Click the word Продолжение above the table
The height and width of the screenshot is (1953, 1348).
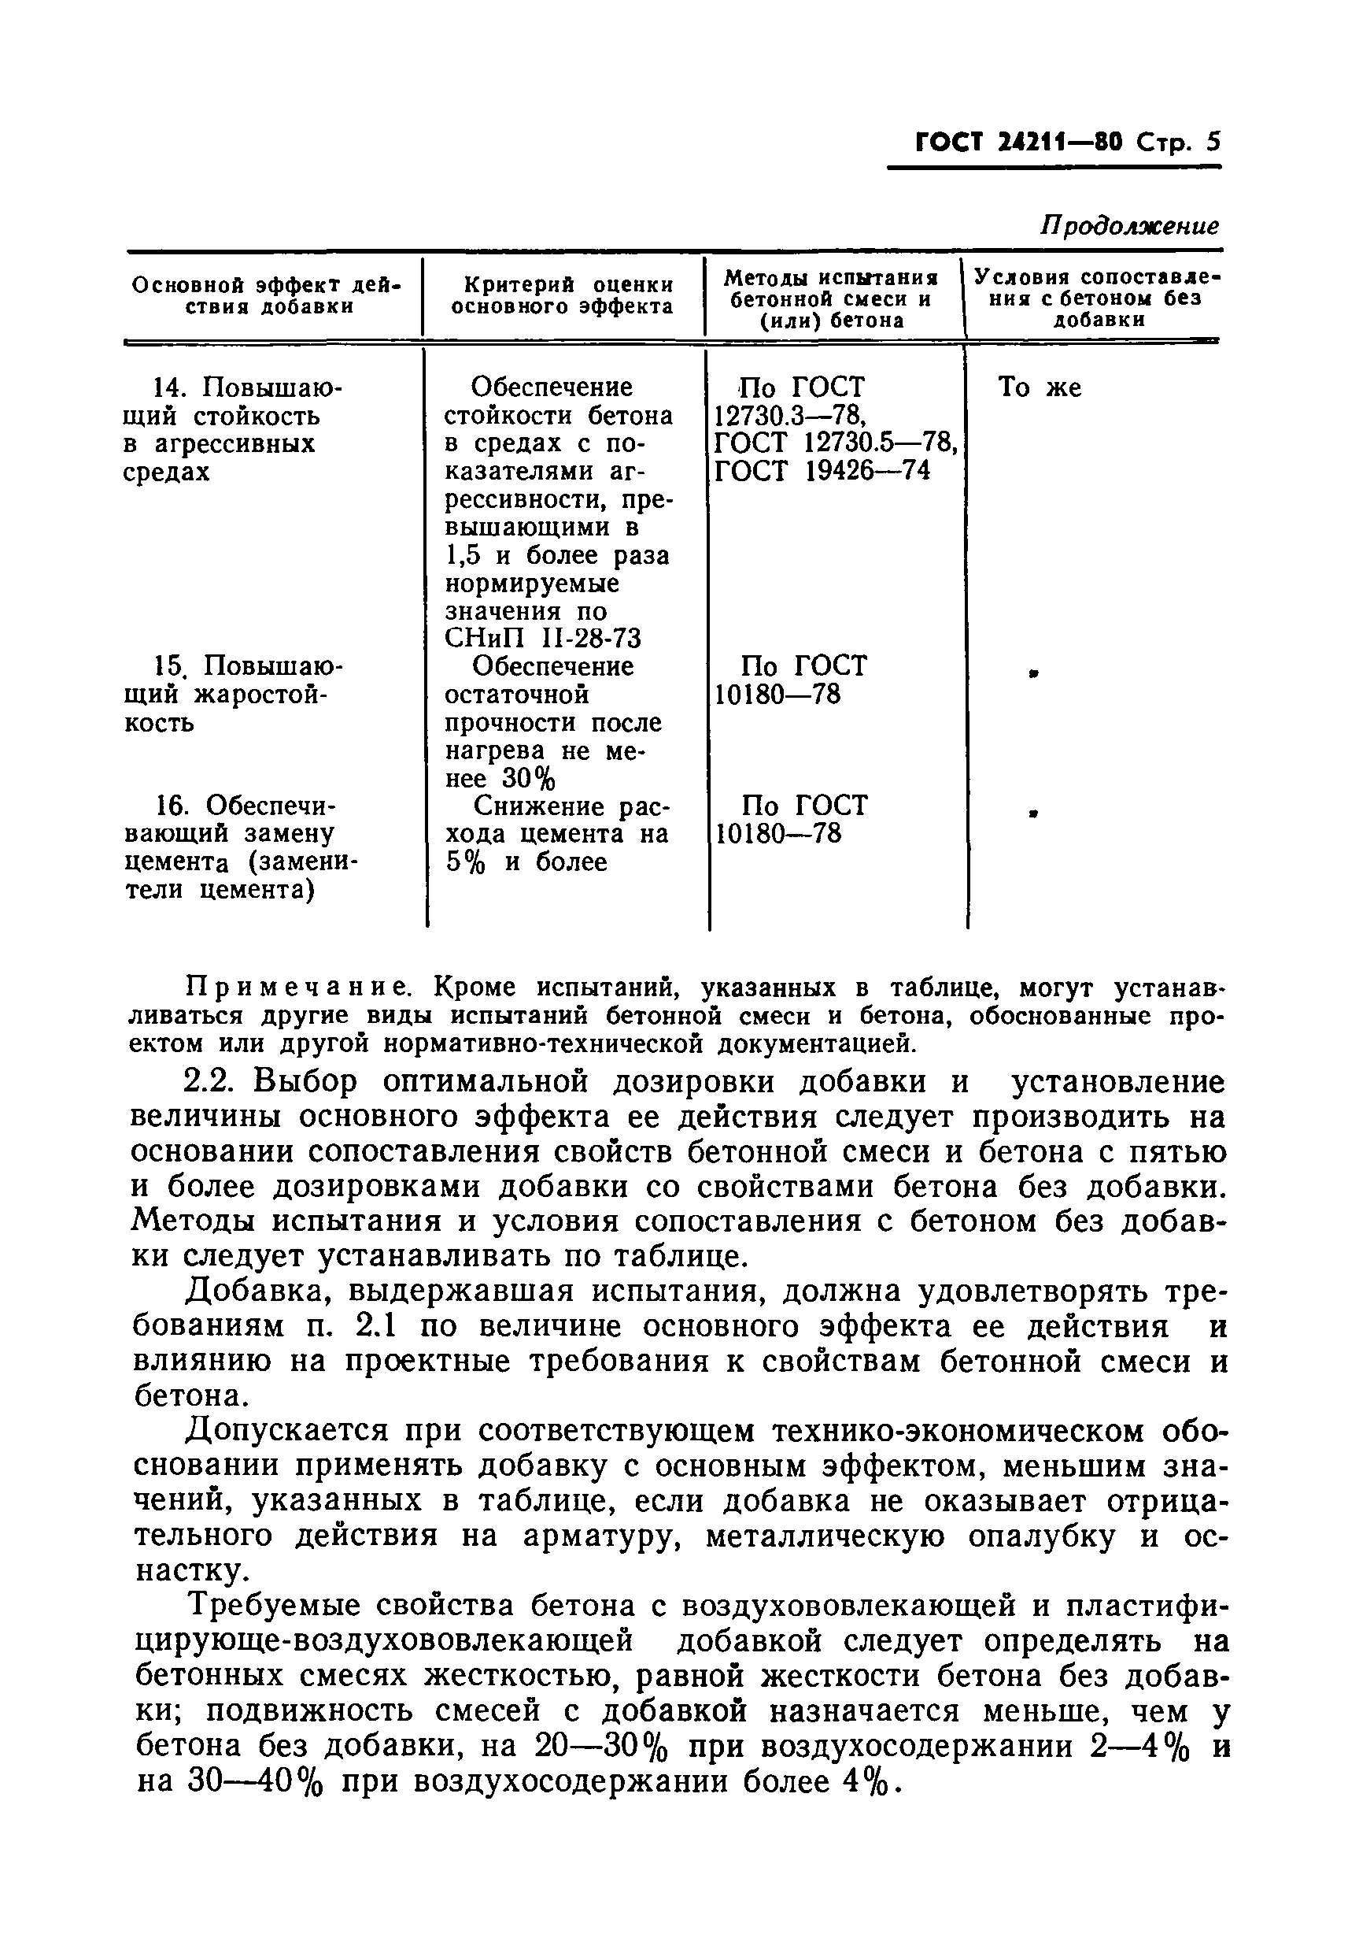1129,226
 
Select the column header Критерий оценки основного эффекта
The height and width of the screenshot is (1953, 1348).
563,297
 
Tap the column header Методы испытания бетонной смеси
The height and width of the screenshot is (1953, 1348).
833,299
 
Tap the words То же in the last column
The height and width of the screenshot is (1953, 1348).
1039,388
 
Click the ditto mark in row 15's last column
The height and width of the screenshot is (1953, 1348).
1032,673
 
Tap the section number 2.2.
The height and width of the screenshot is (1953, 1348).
211,1083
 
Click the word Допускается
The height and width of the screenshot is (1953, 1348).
287,1432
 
